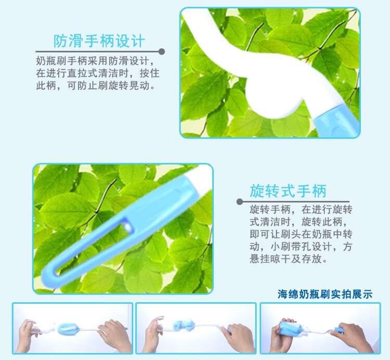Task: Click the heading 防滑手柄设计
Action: [x=99, y=41]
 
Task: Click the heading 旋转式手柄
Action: [x=288, y=191]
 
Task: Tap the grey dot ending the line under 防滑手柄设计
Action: [x=161, y=52]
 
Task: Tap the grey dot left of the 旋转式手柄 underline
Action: [x=240, y=201]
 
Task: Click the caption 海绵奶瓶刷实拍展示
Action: [x=325, y=294]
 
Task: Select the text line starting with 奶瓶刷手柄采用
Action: [x=95, y=61]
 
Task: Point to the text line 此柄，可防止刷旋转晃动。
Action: [x=96, y=86]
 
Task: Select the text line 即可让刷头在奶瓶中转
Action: [x=301, y=234]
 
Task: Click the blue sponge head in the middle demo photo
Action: [x=184, y=325]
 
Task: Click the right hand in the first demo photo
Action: [x=115, y=336]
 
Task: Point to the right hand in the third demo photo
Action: [x=353, y=337]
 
